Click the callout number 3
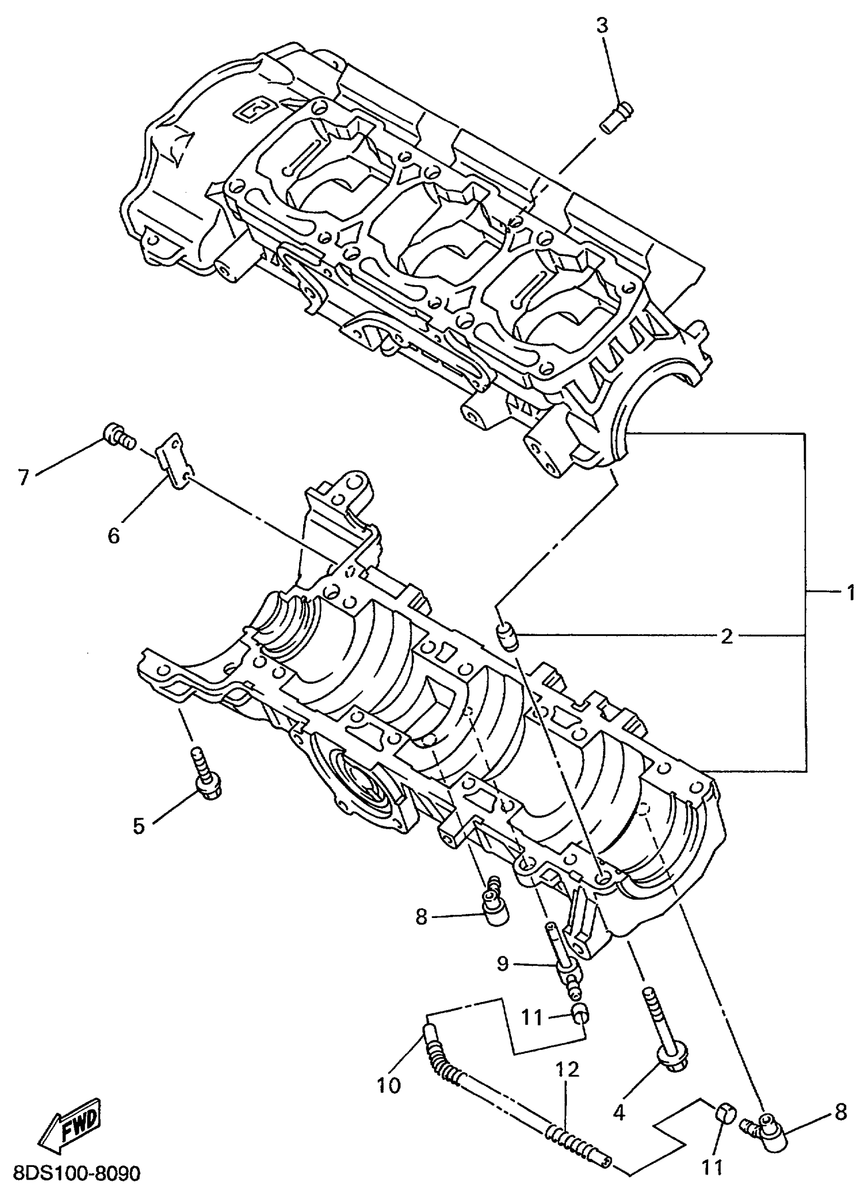pos(602,25)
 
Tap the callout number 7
pos(23,477)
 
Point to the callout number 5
pos(138,826)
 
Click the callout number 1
pos(850,594)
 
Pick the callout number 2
pos(727,636)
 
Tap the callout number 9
pos(502,963)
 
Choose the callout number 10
pos(389,1086)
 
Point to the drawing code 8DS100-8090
pos(76,1173)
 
